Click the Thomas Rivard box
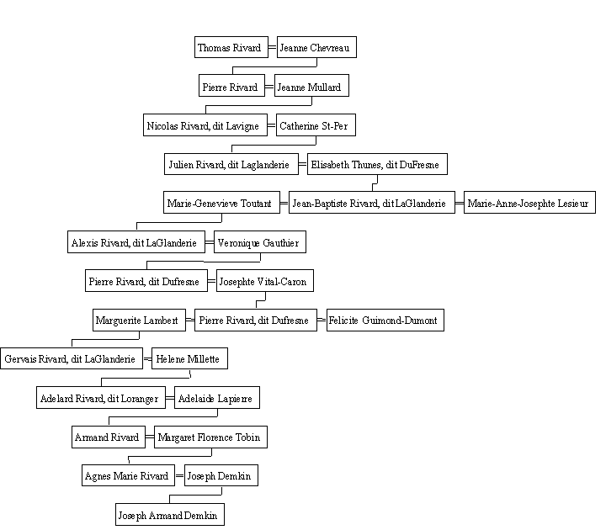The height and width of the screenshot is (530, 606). [x=231, y=47]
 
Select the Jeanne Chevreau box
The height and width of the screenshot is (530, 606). [x=316, y=47]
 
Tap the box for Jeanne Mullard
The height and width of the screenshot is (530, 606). [x=311, y=85]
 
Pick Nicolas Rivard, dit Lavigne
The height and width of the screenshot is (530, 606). [x=205, y=125]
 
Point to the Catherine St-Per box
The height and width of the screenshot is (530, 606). [x=316, y=125]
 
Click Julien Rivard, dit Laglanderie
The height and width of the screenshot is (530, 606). [x=231, y=164]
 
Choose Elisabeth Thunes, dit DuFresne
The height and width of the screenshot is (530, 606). [x=377, y=164]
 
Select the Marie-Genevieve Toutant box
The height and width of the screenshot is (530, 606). [x=221, y=202]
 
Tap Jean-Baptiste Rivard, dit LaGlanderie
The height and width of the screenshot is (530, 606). [x=372, y=202]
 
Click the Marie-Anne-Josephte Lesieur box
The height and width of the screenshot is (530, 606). [x=529, y=202]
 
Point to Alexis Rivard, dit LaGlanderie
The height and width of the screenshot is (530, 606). [x=136, y=241]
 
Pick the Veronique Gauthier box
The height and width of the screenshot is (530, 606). [x=260, y=241]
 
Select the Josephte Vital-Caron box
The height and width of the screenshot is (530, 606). [x=265, y=280]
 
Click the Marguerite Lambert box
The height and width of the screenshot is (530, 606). [x=139, y=320]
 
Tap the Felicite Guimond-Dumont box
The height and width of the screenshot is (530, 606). [x=385, y=320]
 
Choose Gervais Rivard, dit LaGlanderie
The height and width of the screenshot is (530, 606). [x=72, y=358]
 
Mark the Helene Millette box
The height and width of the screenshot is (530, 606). [x=189, y=358]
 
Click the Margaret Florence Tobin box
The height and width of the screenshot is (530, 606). [x=210, y=437]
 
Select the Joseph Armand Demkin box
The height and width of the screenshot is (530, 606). [x=170, y=514]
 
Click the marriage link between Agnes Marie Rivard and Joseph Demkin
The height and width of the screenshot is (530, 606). [x=179, y=475]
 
